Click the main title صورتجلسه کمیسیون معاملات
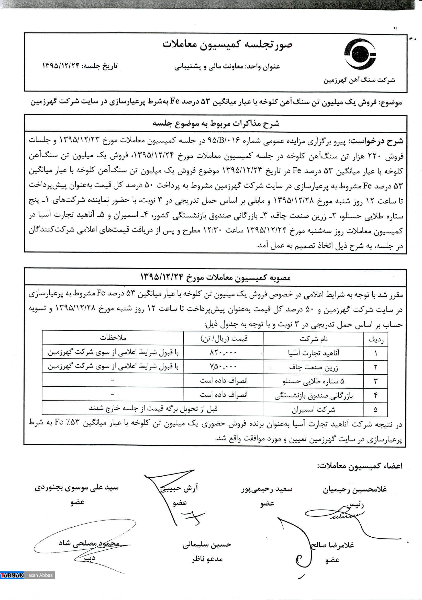coord(227,44)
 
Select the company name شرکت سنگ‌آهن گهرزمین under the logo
coord(359,80)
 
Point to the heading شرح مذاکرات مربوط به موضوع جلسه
coord(216,124)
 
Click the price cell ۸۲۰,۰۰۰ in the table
coord(223,353)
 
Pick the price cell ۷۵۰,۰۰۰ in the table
coord(223,366)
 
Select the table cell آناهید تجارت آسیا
coord(313,353)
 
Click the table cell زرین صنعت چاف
coord(313,367)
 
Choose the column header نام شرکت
coord(313,339)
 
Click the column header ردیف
coord(376,339)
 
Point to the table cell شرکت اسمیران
coord(313,409)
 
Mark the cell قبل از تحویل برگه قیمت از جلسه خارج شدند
coord(153,408)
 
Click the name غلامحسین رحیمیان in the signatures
coord(354,489)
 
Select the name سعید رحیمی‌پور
coord(266,489)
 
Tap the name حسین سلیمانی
coord(207,545)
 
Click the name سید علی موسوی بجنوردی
coord(77,488)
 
